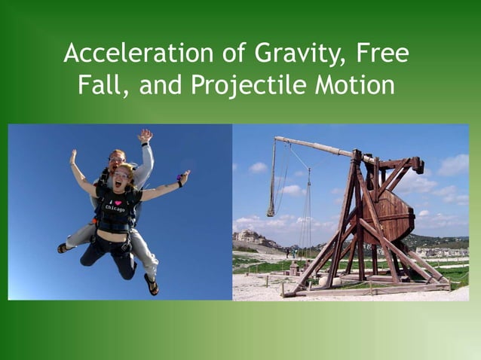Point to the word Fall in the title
pos(97,84)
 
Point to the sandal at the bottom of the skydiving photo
pos(152,285)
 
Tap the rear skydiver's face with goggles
pos(116,158)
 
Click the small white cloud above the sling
pos(258,167)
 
